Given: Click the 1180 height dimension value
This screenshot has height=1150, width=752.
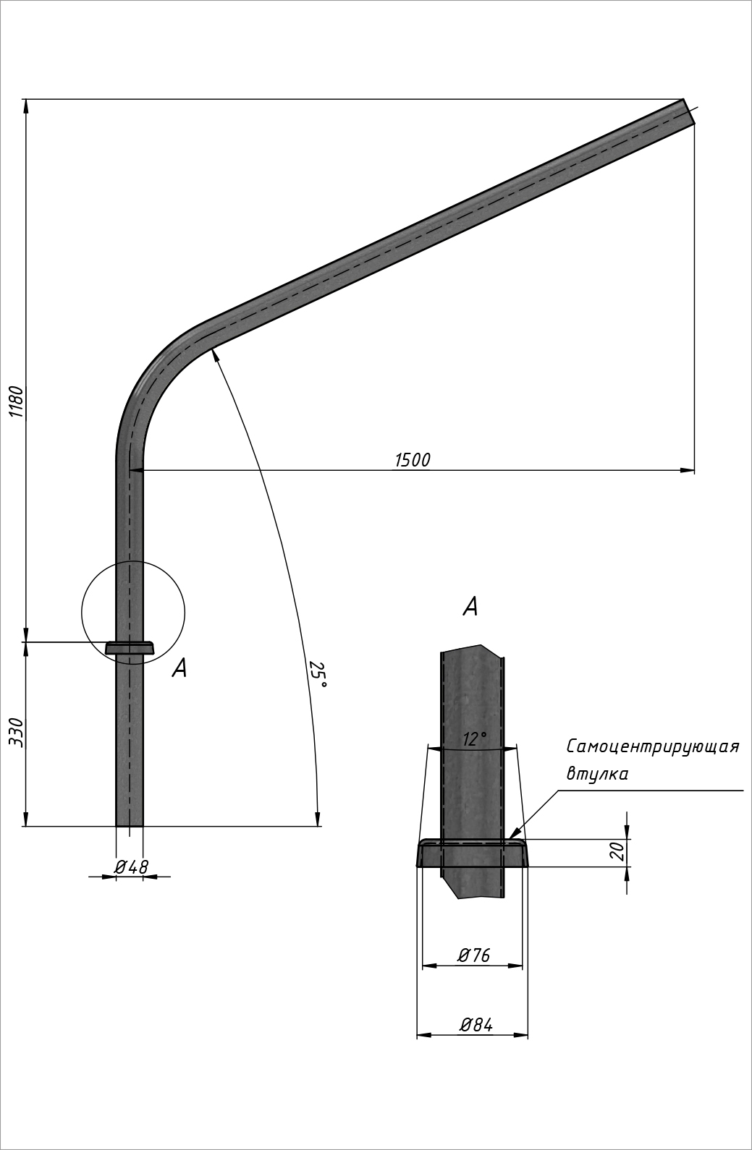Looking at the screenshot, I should click(x=16, y=402).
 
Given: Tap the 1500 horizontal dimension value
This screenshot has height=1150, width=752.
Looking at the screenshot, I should click(x=412, y=460).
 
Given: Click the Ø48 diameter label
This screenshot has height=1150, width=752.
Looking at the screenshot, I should click(x=131, y=867).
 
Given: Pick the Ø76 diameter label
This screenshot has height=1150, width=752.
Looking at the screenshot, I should click(x=473, y=955).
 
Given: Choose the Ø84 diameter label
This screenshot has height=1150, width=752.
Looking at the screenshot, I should click(x=476, y=1024).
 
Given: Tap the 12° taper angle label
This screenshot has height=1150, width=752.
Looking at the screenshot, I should click(x=474, y=739).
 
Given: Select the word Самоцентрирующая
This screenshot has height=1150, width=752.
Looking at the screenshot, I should click(x=652, y=746).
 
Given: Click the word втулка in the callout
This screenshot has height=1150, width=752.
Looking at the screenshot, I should click(x=597, y=774).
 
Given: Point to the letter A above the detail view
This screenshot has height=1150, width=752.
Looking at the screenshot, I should click(x=470, y=607).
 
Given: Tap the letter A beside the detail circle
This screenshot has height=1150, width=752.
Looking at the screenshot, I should click(x=179, y=668).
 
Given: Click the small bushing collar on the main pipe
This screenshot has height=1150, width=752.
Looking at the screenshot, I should click(x=130, y=647).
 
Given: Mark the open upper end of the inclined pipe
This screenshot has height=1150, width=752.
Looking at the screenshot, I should click(x=689, y=112).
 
